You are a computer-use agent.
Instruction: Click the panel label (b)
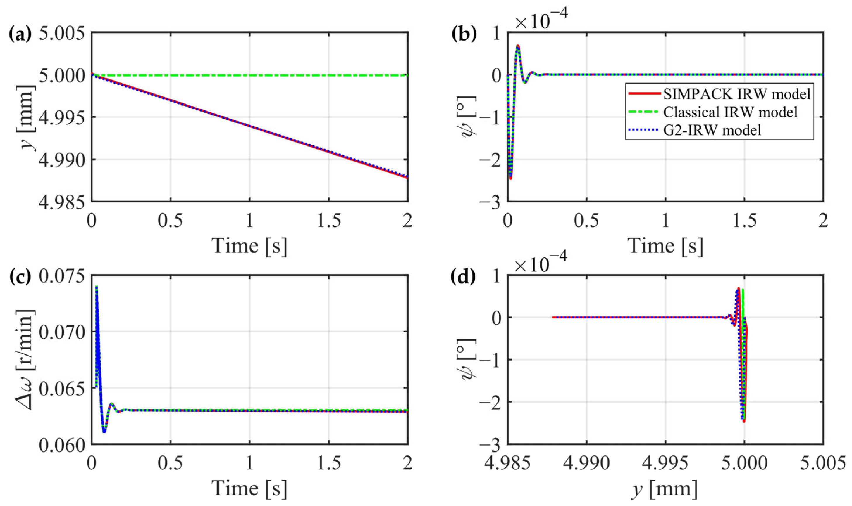464,34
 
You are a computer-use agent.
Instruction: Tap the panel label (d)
464,277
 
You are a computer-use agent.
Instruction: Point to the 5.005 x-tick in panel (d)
823,463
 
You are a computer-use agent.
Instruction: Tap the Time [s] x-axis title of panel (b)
665,246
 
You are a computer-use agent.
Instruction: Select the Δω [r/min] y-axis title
26,360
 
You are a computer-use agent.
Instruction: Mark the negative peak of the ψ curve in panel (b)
511,178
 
